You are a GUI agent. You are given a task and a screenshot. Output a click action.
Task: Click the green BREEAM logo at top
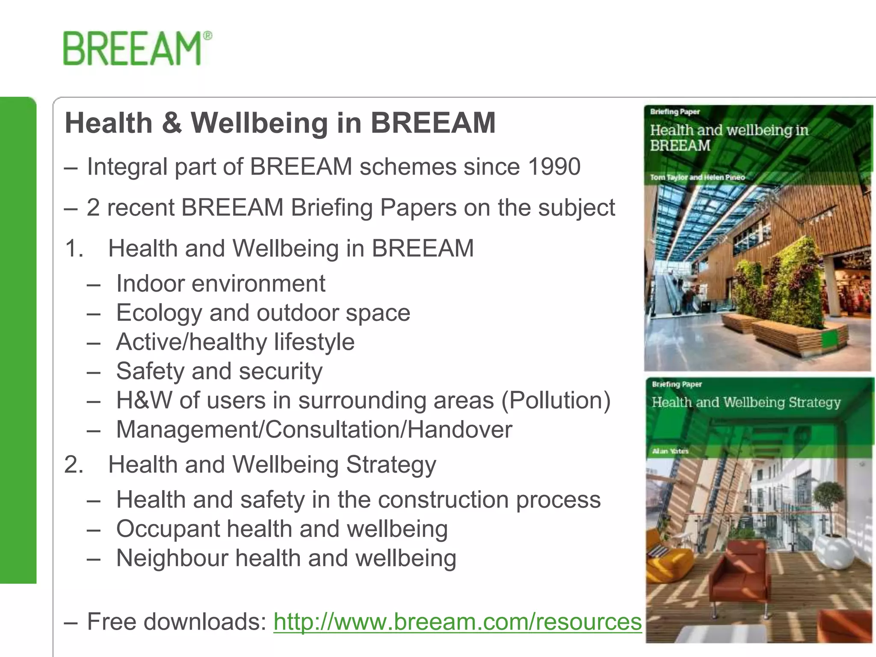pyautogui.click(x=137, y=48)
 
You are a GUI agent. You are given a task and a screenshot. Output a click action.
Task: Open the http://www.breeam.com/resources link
pyautogui.click(x=457, y=621)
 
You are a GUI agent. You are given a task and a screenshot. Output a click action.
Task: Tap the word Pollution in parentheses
pyautogui.click(x=556, y=401)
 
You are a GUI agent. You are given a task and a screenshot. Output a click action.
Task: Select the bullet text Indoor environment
pyautogui.click(x=221, y=284)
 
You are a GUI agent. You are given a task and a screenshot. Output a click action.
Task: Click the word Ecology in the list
pyautogui.click(x=159, y=313)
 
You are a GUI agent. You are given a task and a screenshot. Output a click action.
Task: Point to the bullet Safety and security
pyautogui.click(x=219, y=371)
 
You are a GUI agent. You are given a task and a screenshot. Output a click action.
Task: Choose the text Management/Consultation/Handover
pyautogui.click(x=314, y=429)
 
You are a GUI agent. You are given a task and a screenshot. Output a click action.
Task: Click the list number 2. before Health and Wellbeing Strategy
pyautogui.click(x=74, y=465)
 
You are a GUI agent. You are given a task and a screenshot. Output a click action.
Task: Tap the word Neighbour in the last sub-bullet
pyautogui.click(x=172, y=558)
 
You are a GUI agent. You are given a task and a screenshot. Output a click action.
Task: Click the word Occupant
pyautogui.click(x=168, y=530)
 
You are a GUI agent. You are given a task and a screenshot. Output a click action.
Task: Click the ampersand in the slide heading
pyautogui.click(x=172, y=123)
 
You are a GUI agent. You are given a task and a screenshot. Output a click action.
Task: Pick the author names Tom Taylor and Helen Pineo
pyautogui.click(x=697, y=177)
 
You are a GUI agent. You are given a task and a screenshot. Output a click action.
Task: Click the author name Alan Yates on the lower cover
pyautogui.click(x=670, y=451)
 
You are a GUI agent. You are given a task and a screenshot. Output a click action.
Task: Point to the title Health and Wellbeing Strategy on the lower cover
pyautogui.click(x=746, y=402)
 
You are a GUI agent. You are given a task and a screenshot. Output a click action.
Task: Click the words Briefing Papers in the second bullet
pyautogui.click(x=374, y=208)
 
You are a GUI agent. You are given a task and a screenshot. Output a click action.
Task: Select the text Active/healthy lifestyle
pyautogui.click(x=235, y=342)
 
